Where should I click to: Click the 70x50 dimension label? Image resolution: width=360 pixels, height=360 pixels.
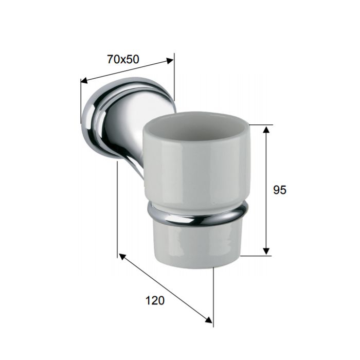click(123, 59)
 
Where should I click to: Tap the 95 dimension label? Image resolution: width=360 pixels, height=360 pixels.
click(280, 190)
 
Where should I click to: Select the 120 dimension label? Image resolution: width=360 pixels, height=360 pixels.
click(155, 300)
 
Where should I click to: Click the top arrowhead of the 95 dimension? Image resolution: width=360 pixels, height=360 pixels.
click(266, 129)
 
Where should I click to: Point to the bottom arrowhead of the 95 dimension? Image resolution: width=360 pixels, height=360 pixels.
click(266, 251)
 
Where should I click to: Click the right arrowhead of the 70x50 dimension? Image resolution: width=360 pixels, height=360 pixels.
click(170, 61)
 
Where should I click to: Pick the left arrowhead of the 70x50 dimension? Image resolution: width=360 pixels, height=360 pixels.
click(84, 80)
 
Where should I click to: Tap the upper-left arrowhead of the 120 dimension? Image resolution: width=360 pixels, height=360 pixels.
click(122, 257)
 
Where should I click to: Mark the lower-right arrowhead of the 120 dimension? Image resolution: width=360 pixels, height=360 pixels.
click(208, 320)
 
